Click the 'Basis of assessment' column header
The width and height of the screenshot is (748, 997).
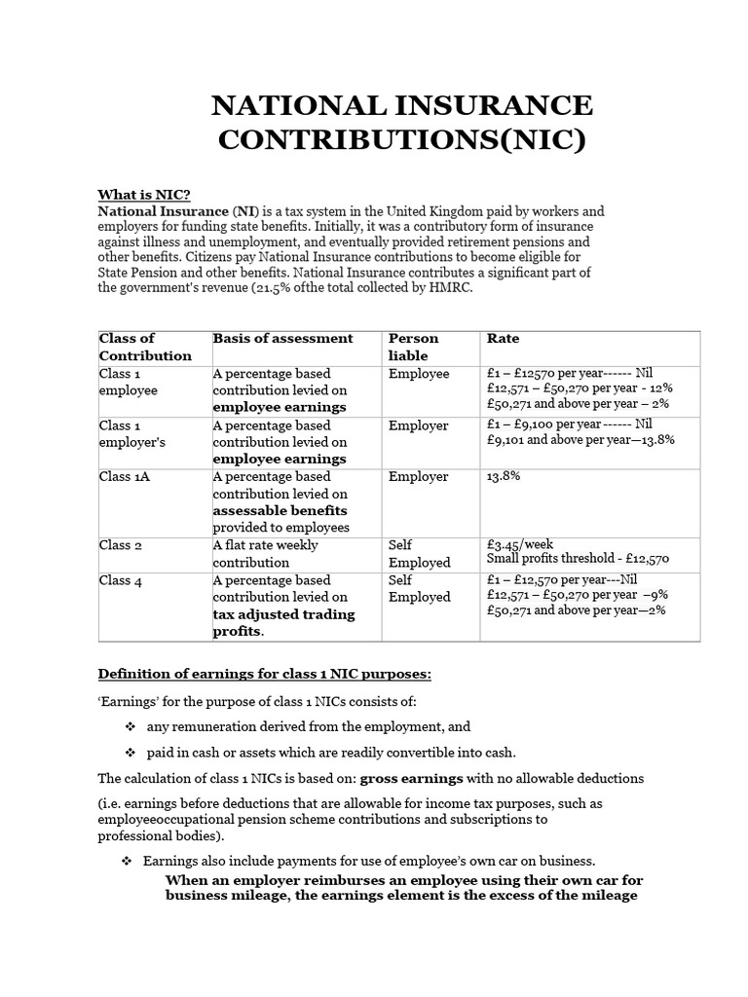(x=282, y=339)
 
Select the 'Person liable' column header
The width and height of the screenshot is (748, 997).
(x=414, y=347)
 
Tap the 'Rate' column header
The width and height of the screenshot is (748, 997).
(x=503, y=339)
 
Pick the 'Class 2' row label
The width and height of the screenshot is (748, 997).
(x=121, y=545)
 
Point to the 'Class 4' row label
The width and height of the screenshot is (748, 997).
(x=121, y=580)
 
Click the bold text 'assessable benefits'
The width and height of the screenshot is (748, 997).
(x=280, y=510)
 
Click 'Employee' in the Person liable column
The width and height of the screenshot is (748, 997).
(x=419, y=374)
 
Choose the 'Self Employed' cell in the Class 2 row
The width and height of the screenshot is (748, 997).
(x=419, y=554)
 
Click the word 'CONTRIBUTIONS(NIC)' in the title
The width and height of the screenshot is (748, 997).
(x=401, y=139)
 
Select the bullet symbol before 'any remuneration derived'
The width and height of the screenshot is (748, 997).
(x=129, y=726)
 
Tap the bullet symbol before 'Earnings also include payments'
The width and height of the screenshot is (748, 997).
(x=126, y=862)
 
